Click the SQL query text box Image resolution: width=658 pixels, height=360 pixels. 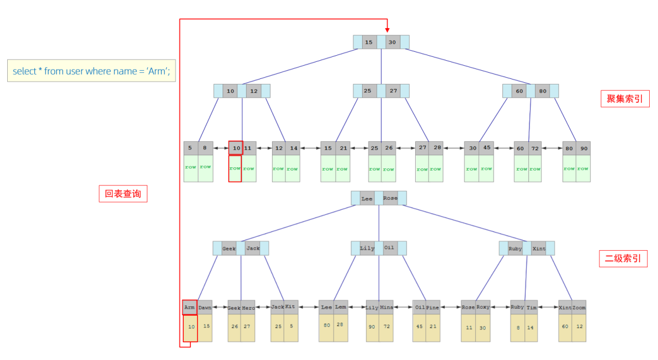(x=91, y=71)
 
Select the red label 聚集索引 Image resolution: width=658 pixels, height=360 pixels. (x=625, y=99)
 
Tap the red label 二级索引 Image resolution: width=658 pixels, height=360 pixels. (x=623, y=259)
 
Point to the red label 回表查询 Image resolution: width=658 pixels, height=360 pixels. (x=123, y=194)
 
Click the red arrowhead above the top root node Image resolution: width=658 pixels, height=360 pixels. (x=387, y=29)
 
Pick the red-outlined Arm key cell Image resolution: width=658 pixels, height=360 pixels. (x=190, y=308)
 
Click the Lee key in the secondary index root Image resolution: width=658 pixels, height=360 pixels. (x=367, y=198)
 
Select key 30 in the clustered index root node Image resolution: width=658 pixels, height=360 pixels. (x=392, y=42)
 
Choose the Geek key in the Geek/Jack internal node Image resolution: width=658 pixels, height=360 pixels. (x=229, y=248)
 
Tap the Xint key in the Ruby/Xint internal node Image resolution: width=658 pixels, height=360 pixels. (x=539, y=248)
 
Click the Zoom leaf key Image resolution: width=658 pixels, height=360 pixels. (x=579, y=308)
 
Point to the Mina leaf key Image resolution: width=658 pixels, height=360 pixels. (x=386, y=308)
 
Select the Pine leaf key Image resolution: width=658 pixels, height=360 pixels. (x=433, y=308)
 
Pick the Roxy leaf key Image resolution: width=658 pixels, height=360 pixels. (x=483, y=308)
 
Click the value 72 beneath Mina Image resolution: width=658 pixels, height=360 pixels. (x=386, y=326)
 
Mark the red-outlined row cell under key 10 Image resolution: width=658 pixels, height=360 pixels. (x=235, y=168)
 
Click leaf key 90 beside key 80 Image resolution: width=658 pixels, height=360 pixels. (x=583, y=149)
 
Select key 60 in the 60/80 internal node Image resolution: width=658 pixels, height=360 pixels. (x=519, y=91)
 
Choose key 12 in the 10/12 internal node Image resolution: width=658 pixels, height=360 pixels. (x=253, y=91)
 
